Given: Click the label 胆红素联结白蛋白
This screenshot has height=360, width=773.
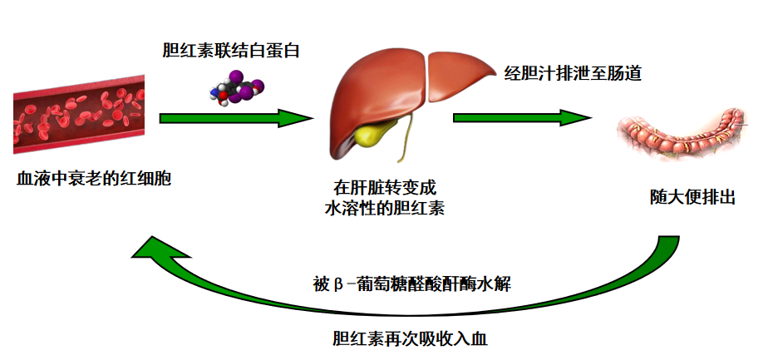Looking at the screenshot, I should tap(230, 50).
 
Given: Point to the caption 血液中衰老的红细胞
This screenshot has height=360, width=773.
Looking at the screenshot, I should tap(94, 178).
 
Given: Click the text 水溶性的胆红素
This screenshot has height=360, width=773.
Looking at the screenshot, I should tap(384, 209).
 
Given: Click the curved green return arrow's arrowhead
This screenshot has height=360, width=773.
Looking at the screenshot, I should tap(162, 254).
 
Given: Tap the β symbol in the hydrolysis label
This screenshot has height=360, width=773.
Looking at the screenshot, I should tap(338, 284).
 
